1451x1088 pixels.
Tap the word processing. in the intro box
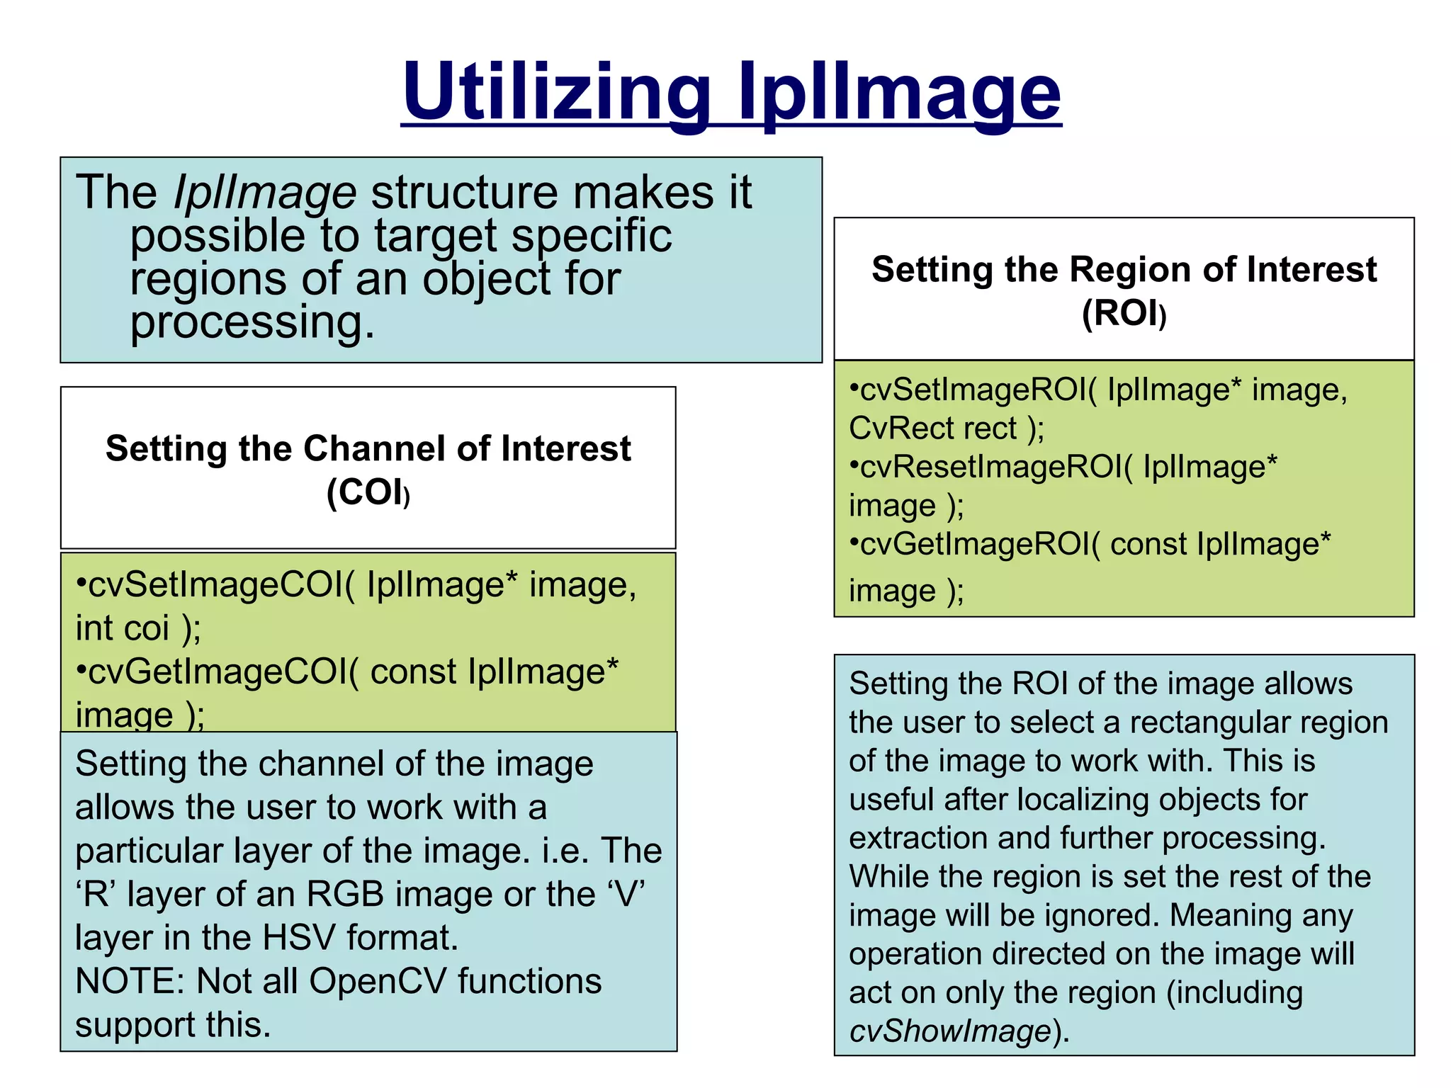(252, 322)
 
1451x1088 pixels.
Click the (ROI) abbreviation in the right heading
(1124, 313)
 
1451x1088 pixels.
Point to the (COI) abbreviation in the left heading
(368, 492)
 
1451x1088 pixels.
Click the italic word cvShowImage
(950, 1031)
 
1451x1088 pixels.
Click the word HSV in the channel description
(298, 938)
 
